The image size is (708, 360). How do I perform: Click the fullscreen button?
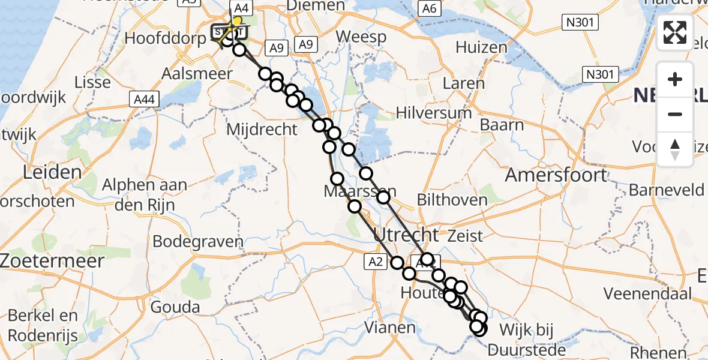[x=675, y=32]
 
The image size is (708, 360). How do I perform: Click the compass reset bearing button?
[x=675, y=149]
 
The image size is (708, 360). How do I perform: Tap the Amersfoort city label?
[x=556, y=175]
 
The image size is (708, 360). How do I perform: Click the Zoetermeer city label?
[x=52, y=261]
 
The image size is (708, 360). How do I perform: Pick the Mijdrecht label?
[x=262, y=128]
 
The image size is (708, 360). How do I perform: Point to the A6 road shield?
[x=428, y=8]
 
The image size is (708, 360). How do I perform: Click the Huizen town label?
[x=478, y=46]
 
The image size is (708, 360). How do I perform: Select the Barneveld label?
[x=667, y=190]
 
